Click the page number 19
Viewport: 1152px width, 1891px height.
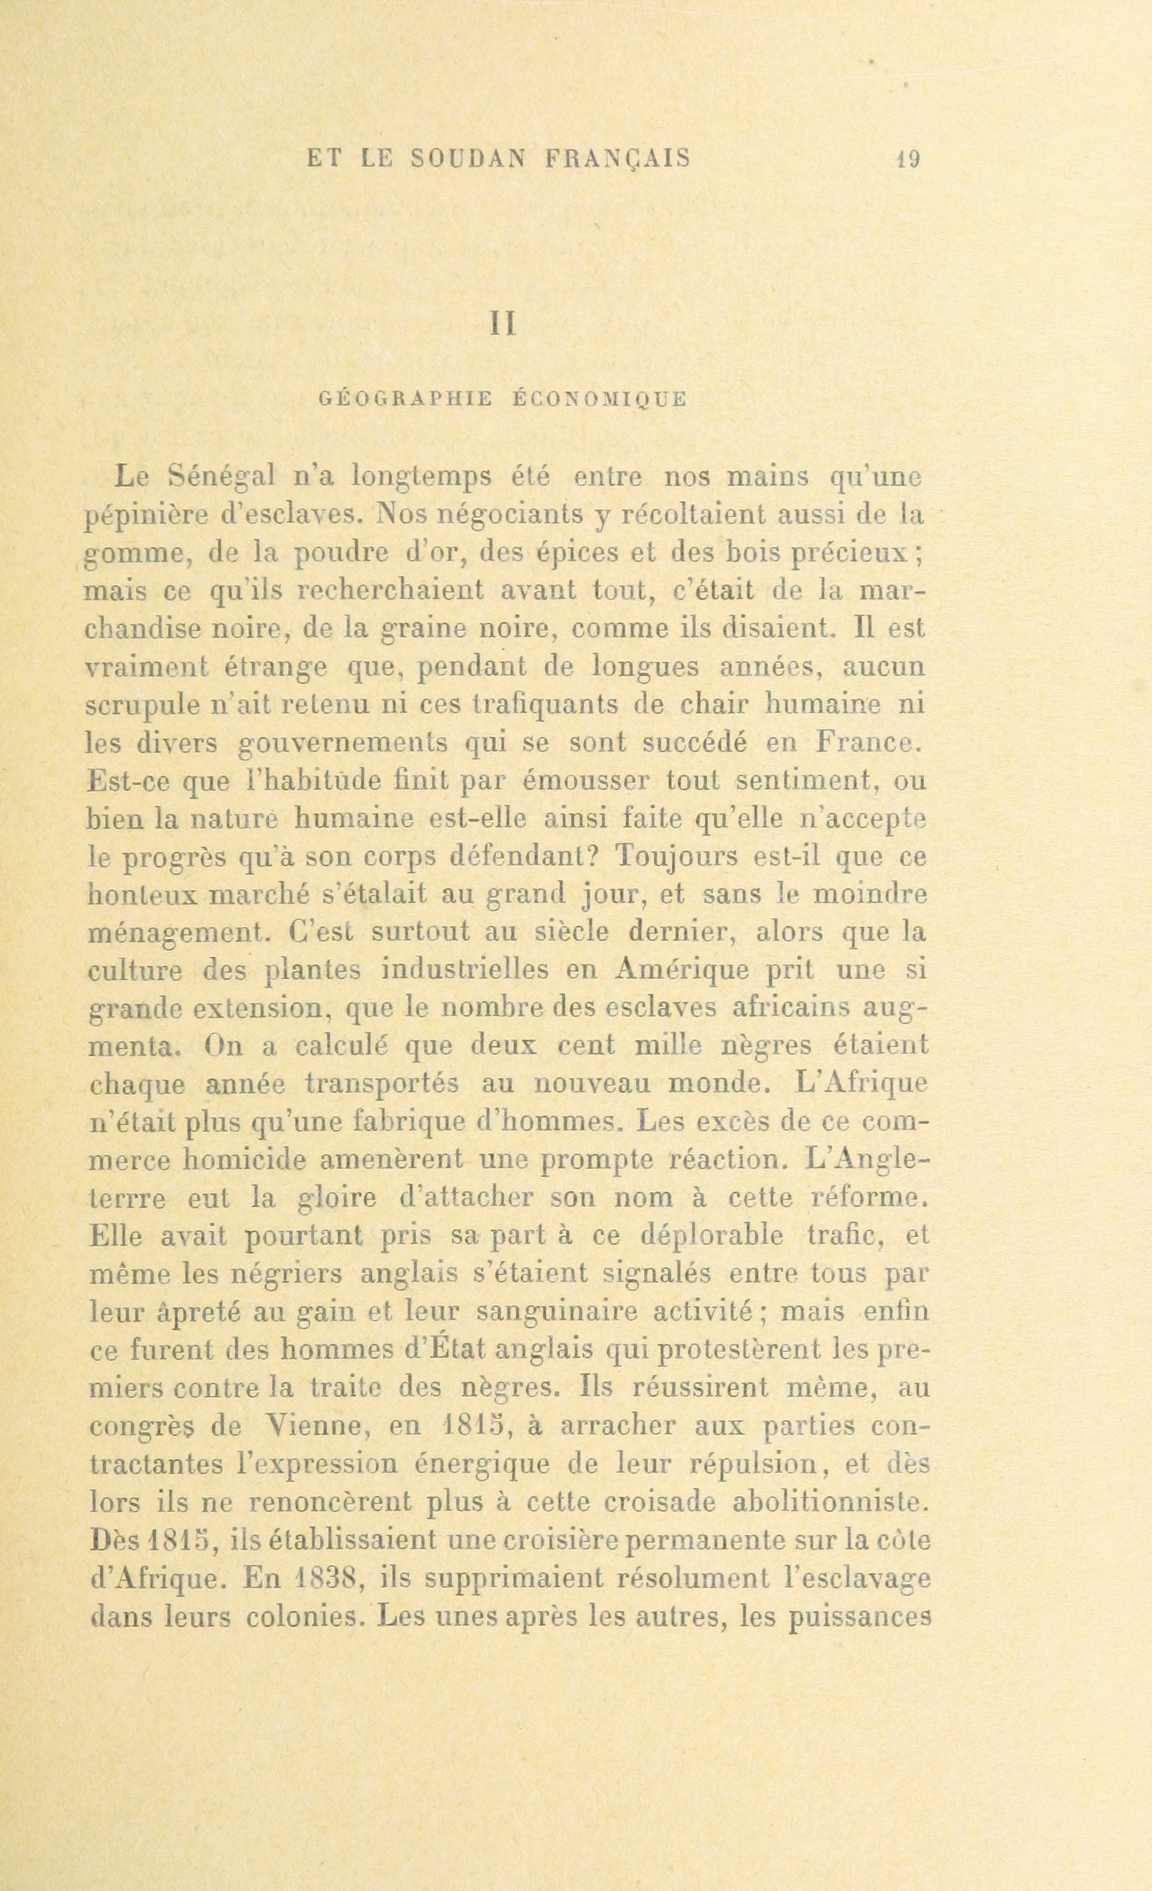tap(910, 159)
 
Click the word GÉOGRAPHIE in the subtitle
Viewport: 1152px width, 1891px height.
tap(403, 399)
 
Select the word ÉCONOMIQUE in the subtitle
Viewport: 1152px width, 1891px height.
tap(599, 399)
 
